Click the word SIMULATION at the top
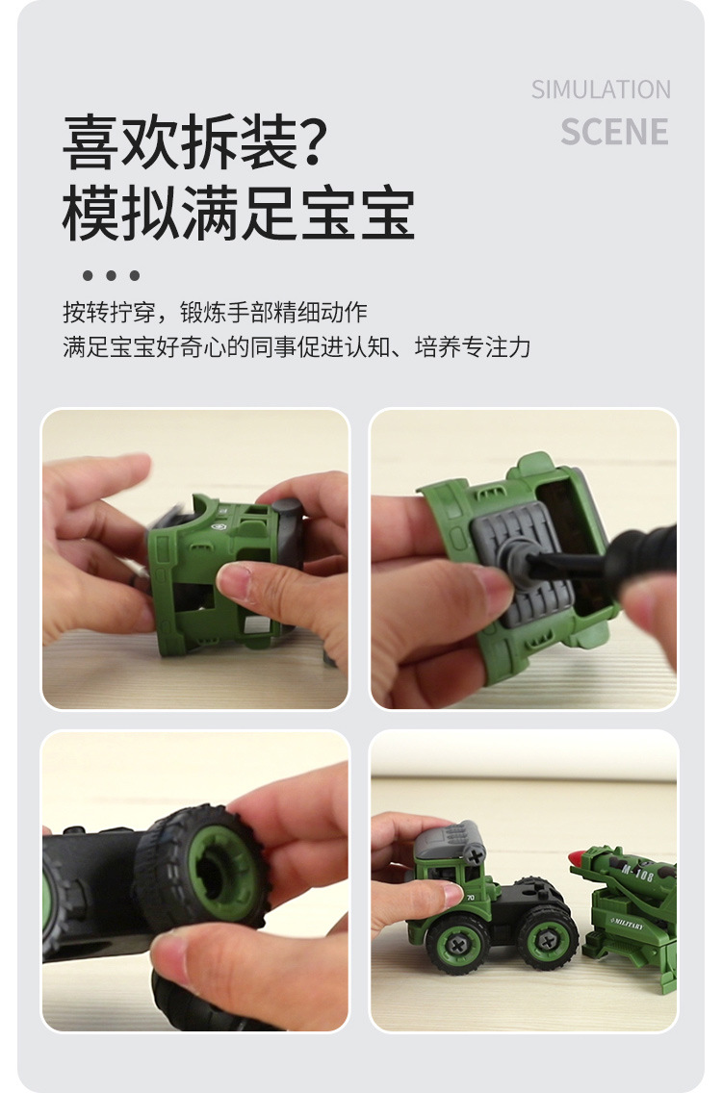[601, 89]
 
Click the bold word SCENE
[614, 132]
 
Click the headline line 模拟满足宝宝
[238, 214]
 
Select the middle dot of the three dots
[111, 276]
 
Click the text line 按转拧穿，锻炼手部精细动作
[215, 312]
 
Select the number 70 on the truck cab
[470, 899]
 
